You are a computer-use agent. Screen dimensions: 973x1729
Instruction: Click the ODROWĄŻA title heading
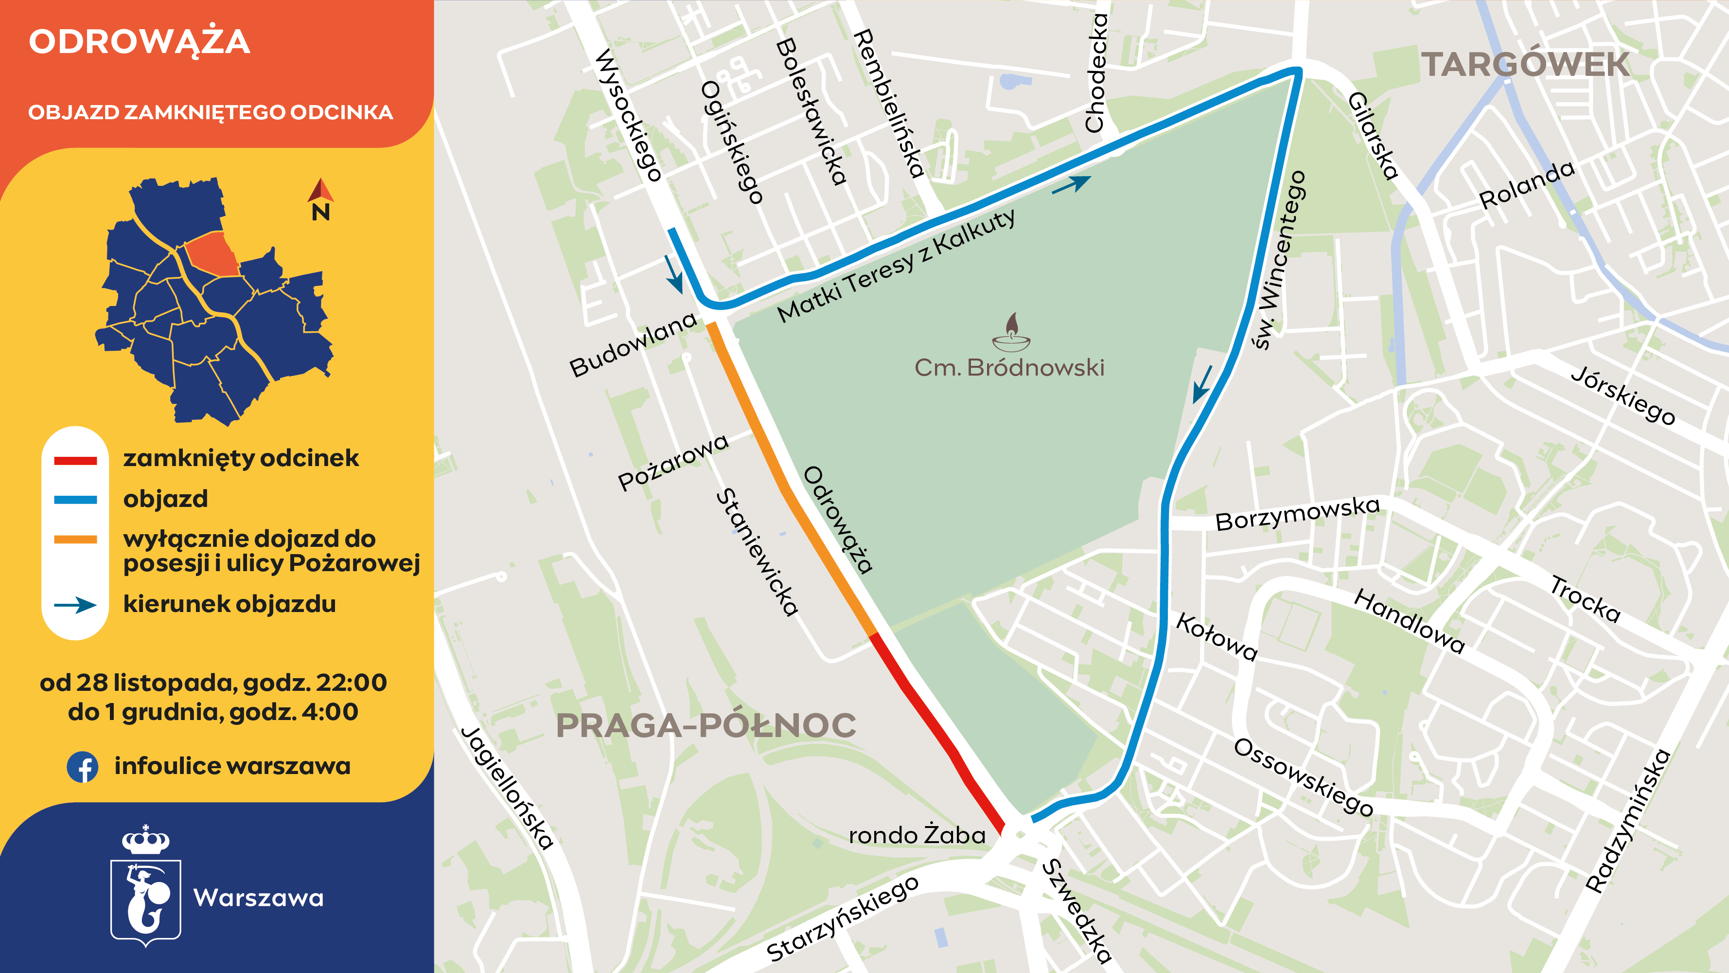[x=139, y=42]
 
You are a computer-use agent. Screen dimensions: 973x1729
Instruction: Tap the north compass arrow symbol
[x=321, y=191]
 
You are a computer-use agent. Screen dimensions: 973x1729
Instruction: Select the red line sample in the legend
[x=75, y=461]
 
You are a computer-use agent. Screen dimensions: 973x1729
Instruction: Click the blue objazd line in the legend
[x=75, y=500]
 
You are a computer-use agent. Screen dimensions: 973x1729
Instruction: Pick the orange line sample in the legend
[x=75, y=539]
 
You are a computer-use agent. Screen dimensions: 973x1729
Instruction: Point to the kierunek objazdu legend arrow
[x=75, y=605]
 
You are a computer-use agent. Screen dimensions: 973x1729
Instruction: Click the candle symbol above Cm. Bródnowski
[x=1011, y=332]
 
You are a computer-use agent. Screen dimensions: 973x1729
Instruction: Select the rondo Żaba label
[x=917, y=835]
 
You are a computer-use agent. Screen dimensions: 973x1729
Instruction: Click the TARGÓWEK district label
[x=1525, y=65]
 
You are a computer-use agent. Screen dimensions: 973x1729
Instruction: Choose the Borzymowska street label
[x=1297, y=514]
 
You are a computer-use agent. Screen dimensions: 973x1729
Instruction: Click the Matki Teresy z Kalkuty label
[x=897, y=267]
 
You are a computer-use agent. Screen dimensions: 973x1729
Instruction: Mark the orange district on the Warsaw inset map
[x=212, y=254]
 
